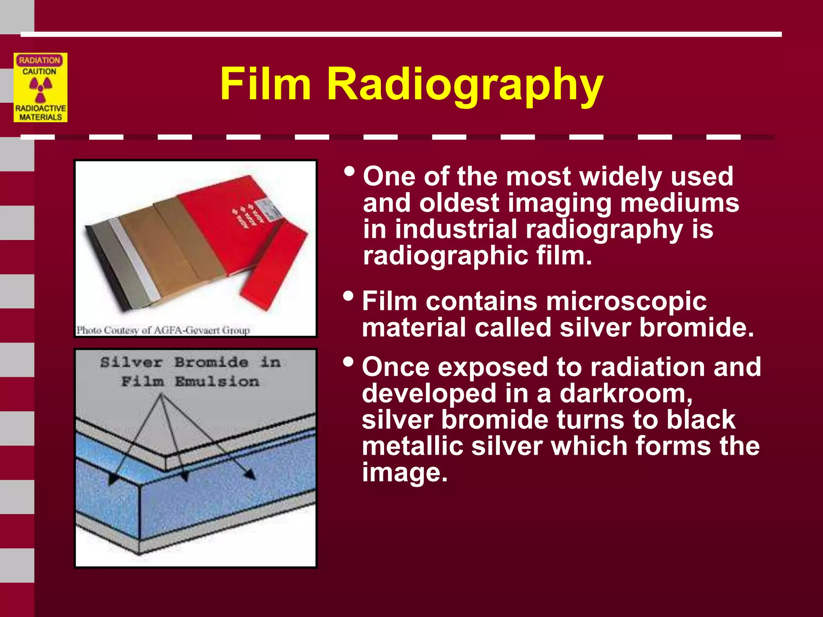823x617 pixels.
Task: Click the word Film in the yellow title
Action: click(x=266, y=84)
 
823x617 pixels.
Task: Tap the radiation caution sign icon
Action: click(x=41, y=88)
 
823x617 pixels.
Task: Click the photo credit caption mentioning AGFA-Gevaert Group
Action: click(x=163, y=330)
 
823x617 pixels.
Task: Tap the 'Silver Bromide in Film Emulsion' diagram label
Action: click(x=190, y=372)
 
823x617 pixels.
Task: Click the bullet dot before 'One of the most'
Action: click(x=349, y=172)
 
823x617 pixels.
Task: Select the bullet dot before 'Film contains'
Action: click(x=348, y=297)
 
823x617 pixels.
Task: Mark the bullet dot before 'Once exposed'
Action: click(x=348, y=362)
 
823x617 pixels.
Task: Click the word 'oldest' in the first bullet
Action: click(x=459, y=203)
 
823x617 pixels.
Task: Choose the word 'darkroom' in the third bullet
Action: click(x=625, y=393)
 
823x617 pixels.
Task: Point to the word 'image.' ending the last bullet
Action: click(x=405, y=473)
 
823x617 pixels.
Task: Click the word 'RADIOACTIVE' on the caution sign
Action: click(x=41, y=108)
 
